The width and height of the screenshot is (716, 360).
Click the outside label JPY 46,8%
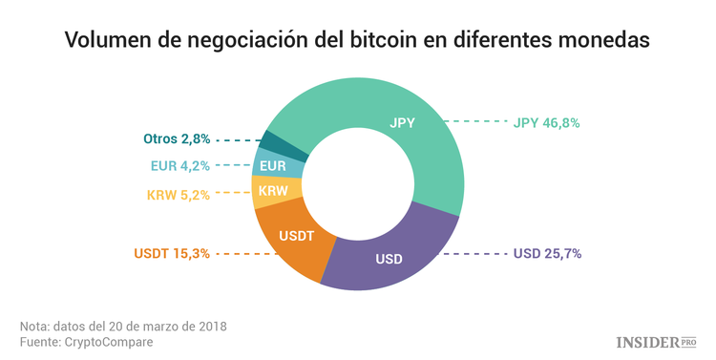(546, 122)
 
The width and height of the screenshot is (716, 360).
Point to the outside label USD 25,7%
(547, 253)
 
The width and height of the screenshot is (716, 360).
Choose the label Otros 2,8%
(177, 138)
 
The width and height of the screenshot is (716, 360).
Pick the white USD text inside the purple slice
(388, 259)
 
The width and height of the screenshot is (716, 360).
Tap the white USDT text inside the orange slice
(296, 235)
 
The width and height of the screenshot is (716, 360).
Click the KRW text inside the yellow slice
(273, 192)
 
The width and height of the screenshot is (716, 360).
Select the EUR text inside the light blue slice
(273, 165)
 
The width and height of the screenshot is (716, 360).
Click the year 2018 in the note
(211, 325)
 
